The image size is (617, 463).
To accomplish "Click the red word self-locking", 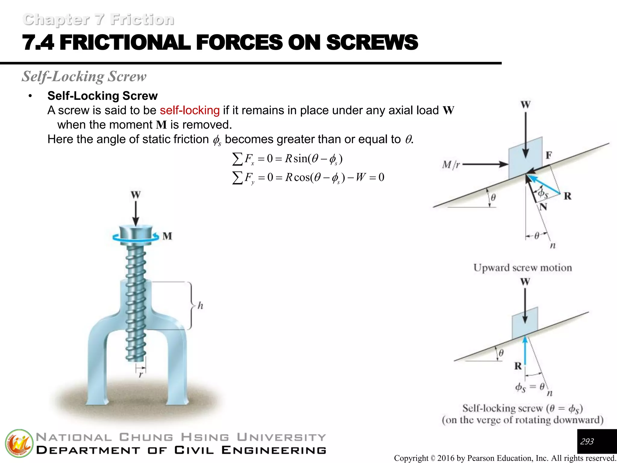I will coord(189,110).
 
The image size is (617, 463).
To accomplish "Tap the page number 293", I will coord(587,442).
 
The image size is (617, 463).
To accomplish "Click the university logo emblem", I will coord(19,443).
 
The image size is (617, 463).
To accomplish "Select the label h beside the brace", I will coord(200,306).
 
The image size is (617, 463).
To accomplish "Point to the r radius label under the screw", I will coord(140,375).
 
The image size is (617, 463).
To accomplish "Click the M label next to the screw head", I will coord(167,236).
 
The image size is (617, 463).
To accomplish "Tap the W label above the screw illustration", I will coord(136,195).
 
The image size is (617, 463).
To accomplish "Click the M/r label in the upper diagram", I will coord(451,165).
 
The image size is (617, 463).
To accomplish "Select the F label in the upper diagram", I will coord(549,155).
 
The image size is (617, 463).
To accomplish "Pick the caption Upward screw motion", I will coord(522,268).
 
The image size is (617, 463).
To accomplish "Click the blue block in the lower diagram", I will coord(525,323).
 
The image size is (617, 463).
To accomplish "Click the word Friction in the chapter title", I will coord(142,20).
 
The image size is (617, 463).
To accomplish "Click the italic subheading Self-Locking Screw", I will coord(84,76).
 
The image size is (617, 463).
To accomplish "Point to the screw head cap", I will coord(136,234).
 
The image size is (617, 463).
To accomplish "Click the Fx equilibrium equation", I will coord(287,159).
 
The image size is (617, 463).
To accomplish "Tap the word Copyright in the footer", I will coord(411,458).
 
